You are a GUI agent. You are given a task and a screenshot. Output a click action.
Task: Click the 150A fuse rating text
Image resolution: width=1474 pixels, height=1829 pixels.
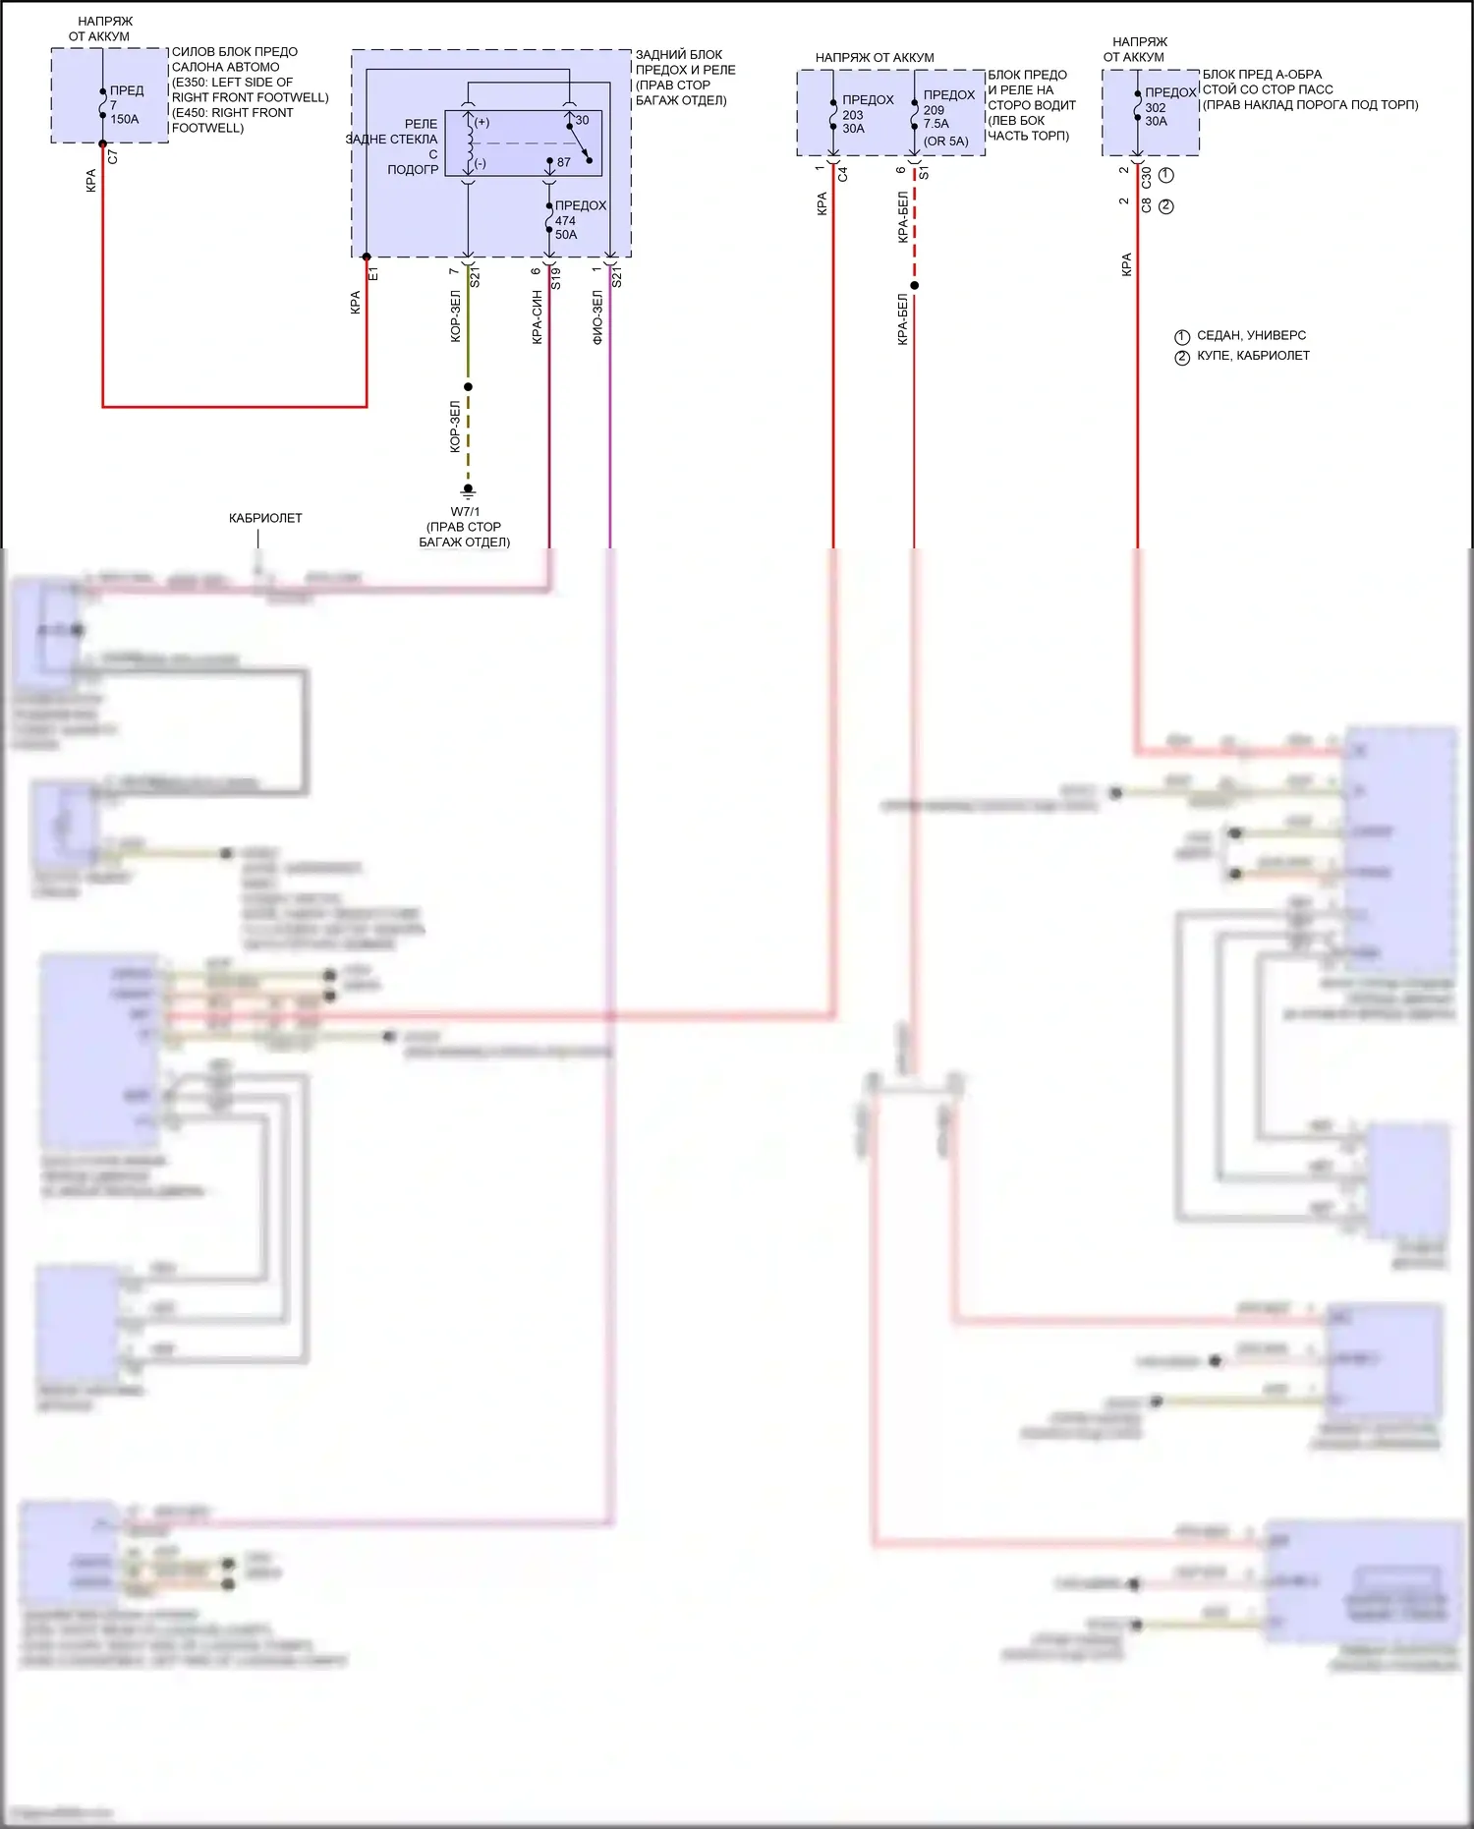[x=125, y=120]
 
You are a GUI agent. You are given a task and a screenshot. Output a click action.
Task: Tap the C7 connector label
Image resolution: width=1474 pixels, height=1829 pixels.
[x=113, y=157]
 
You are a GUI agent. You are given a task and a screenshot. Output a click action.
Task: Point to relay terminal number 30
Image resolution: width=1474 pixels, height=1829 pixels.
[x=582, y=120]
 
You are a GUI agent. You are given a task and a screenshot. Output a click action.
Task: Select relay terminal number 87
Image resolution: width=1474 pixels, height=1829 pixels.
[x=563, y=162]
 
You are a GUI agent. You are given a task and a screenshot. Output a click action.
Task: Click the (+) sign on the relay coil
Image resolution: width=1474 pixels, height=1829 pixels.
[x=482, y=123]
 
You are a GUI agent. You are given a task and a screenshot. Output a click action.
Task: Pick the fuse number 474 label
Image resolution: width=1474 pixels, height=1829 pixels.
[x=565, y=220]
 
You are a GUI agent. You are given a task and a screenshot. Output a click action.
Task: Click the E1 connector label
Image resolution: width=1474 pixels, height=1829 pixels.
[x=373, y=274]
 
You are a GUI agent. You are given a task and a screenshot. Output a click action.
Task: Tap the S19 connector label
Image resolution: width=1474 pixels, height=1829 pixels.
[x=556, y=278]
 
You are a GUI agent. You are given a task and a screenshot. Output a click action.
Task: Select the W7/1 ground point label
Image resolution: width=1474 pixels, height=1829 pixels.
[x=465, y=512]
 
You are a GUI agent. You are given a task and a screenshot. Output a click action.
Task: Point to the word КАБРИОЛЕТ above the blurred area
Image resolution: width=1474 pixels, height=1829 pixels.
[x=265, y=518]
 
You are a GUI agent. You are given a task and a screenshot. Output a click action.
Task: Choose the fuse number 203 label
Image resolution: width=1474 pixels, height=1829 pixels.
[x=852, y=115]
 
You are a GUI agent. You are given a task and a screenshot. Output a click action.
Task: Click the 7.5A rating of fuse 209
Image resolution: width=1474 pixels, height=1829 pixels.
[x=935, y=124]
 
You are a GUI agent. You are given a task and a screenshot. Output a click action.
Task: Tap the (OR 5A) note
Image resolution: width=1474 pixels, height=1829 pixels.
[x=945, y=142]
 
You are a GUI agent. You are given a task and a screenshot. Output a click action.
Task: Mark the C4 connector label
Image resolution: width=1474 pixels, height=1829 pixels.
[x=842, y=175]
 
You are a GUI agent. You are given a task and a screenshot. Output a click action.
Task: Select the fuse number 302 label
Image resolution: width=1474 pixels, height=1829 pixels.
[x=1156, y=108]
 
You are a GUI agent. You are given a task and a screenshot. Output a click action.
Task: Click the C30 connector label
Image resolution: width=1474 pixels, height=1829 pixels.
[x=1146, y=177]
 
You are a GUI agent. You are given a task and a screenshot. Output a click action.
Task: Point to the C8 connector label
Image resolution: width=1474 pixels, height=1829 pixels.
[x=1146, y=206]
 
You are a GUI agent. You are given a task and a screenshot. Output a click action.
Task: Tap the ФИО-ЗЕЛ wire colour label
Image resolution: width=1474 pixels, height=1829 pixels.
[x=597, y=317]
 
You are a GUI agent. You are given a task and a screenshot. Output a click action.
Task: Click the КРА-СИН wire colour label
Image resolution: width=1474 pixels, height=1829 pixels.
[x=537, y=317]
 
